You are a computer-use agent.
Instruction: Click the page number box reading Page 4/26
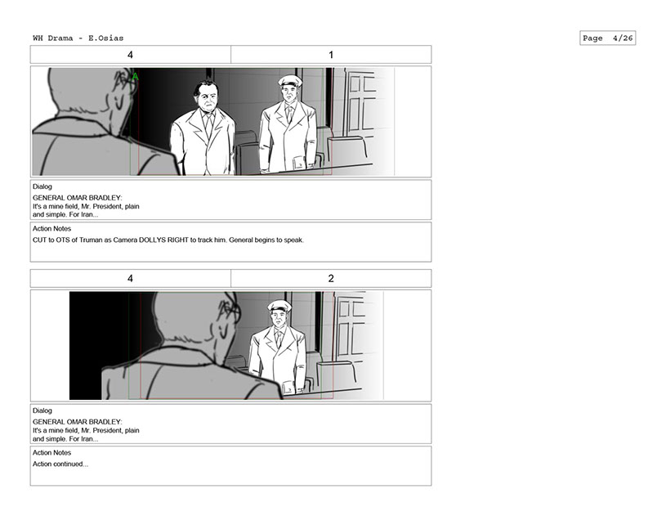(x=607, y=38)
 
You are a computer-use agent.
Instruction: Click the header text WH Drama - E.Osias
(x=78, y=38)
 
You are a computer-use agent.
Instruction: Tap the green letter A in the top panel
(x=135, y=77)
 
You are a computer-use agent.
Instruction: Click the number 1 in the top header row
(x=331, y=55)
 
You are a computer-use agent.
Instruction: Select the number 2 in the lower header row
(x=331, y=278)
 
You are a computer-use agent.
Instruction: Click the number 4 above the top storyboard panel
(x=130, y=55)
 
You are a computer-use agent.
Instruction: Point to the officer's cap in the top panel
(x=290, y=81)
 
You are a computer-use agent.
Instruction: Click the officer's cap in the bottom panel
(x=279, y=305)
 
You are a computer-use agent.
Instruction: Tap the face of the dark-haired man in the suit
(x=207, y=97)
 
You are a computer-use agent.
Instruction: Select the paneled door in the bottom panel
(x=350, y=326)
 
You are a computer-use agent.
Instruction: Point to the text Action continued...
(x=60, y=464)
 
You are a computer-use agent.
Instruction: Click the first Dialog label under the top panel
(x=42, y=186)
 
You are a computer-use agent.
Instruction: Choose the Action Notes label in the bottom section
(x=51, y=453)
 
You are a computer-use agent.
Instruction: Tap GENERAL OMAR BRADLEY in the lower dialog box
(x=78, y=422)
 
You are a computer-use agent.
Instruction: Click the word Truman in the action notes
(x=91, y=240)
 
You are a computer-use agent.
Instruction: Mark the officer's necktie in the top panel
(x=289, y=113)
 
